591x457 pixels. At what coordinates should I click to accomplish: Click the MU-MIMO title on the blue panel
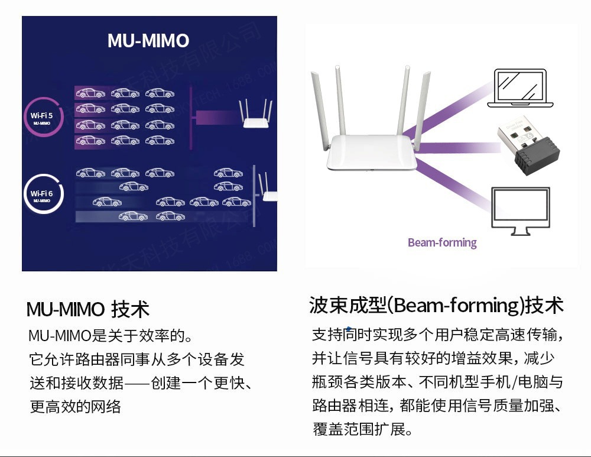click(x=148, y=41)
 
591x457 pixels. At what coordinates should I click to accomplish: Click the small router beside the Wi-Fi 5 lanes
click(x=256, y=118)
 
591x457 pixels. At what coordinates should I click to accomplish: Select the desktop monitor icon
click(x=521, y=211)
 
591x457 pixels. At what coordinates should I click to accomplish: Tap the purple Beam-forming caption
click(x=442, y=242)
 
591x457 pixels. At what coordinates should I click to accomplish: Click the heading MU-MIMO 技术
click(x=88, y=309)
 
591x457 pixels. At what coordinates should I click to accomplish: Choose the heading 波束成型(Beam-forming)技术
click(x=436, y=305)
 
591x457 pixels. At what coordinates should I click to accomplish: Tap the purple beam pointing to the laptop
click(x=455, y=112)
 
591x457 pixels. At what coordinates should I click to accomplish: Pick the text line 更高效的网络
click(x=75, y=407)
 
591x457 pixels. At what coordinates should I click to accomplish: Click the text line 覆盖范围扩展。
click(x=362, y=429)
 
